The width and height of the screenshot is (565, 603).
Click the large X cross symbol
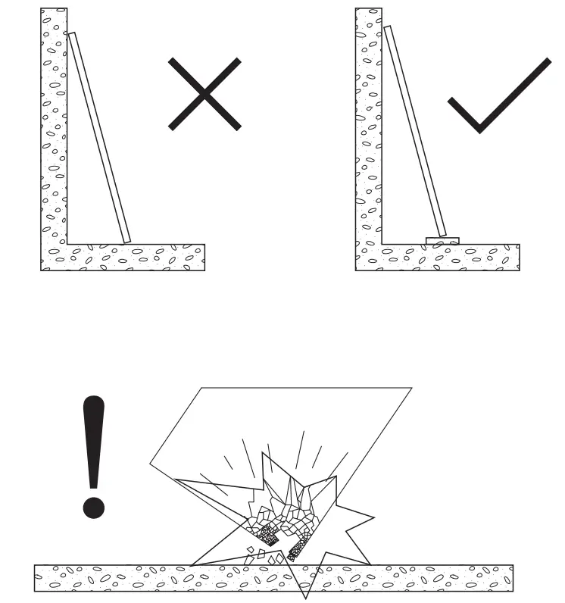[204, 94]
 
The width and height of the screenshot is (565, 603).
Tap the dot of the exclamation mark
[94, 505]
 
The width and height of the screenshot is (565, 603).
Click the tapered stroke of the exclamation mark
[94, 439]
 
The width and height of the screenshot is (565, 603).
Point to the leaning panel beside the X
[99, 137]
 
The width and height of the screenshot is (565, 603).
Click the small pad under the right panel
[442, 241]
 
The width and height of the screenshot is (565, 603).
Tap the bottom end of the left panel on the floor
[126, 240]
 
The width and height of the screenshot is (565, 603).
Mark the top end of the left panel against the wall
[72, 35]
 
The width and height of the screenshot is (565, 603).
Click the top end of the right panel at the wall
[387, 29]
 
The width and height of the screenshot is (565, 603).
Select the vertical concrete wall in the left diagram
[54, 129]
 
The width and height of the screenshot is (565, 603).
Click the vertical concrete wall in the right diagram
[369, 129]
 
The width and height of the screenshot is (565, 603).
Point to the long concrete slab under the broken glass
[114, 578]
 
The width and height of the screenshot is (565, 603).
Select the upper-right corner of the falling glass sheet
[411, 389]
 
